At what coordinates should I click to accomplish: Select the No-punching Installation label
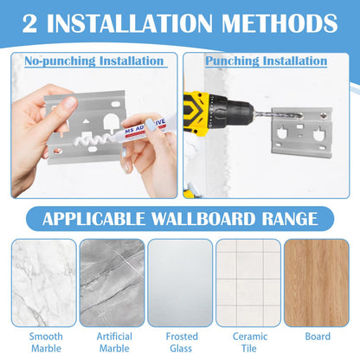click(x=94, y=61)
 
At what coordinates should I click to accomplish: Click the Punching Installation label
click(x=267, y=61)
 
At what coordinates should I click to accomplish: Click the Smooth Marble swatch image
click(x=42, y=282)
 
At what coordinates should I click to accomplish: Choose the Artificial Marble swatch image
click(x=112, y=282)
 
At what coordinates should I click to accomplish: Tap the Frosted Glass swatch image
click(x=180, y=282)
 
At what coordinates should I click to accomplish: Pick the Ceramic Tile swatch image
click(x=248, y=282)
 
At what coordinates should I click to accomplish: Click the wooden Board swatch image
click(x=317, y=282)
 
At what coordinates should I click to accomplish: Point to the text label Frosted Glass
click(x=180, y=342)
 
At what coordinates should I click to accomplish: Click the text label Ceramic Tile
click(x=248, y=342)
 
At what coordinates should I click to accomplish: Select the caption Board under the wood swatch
click(x=317, y=336)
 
